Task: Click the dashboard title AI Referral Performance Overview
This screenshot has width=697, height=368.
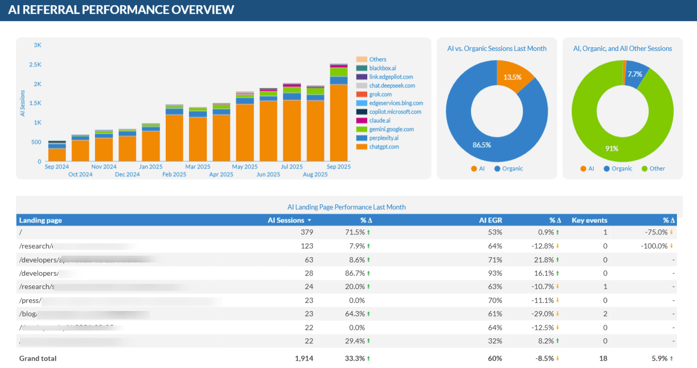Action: [121, 10]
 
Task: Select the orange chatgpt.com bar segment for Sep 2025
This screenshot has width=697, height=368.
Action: [338, 123]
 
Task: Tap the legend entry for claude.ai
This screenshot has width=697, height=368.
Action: [380, 121]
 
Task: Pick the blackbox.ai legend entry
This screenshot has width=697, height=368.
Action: [382, 68]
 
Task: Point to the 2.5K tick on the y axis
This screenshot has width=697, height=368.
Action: [35, 65]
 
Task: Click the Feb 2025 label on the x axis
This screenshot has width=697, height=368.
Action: [174, 175]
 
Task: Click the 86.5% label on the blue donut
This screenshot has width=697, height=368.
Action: [482, 145]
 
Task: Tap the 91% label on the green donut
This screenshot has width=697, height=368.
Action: [611, 149]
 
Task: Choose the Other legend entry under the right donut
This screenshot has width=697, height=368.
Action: [656, 168]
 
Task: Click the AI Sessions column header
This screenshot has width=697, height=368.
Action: [286, 220]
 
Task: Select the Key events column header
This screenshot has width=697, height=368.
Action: [589, 220]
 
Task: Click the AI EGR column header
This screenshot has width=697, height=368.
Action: [491, 220]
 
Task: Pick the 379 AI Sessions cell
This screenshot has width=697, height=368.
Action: [307, 233]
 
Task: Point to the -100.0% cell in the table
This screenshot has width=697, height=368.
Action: [654, 246]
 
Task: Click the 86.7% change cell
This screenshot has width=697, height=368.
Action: [354, 273]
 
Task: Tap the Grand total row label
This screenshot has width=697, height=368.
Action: [38, 358]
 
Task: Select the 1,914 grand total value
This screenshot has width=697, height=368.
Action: [304, 358]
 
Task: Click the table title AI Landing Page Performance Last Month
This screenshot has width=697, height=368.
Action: [346, 207]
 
